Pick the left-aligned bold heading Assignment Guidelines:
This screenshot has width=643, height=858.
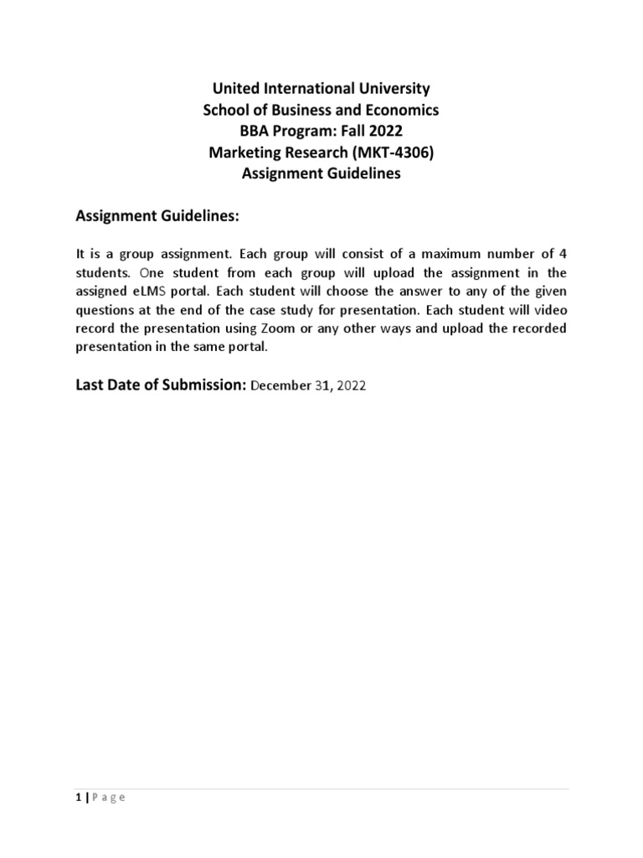click(x=157, y=217)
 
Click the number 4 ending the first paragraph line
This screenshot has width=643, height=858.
click(x=563, y=252)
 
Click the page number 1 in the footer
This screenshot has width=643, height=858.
click(x=78, y=798)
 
